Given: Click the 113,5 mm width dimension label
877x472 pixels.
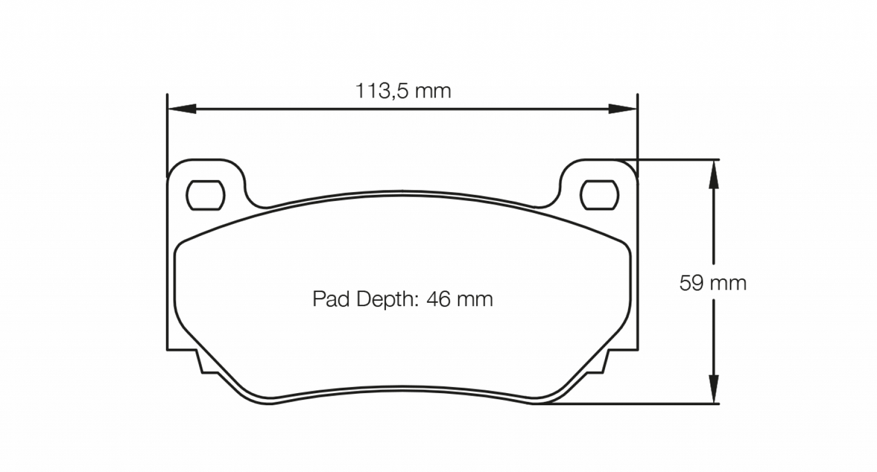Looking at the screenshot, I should pos(403,92).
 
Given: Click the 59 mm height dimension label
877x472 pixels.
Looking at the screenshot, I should pos(713,283).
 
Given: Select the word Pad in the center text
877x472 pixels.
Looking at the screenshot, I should pos(331,299).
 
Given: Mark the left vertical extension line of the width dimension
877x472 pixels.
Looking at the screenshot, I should pos(167,133).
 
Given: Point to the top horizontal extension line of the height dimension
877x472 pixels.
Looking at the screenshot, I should pos(674,160).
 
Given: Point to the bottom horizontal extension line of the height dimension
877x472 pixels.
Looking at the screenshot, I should pos(637,403).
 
